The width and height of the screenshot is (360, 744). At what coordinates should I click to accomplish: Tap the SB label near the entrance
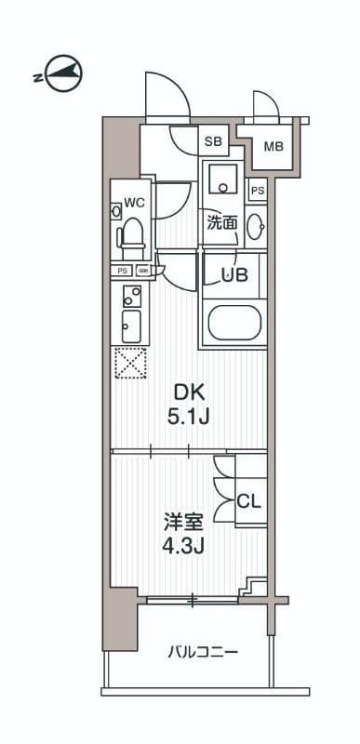click(x=213, y=142)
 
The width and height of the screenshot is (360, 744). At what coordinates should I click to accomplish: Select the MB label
click(x=273, y=146)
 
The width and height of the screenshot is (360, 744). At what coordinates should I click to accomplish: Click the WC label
click(x=132, y=201)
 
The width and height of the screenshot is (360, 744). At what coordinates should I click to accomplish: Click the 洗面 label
click(x=220, y=223)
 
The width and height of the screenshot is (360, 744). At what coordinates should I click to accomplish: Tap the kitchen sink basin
click(x=131, y=326)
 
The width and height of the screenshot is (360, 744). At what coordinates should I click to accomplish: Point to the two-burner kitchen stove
click(x=131, y=297)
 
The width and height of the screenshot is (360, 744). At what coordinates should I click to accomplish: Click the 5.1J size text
click(x=188, y=417)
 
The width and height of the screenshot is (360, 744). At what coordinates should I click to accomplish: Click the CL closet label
click(x=248, y=501)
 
